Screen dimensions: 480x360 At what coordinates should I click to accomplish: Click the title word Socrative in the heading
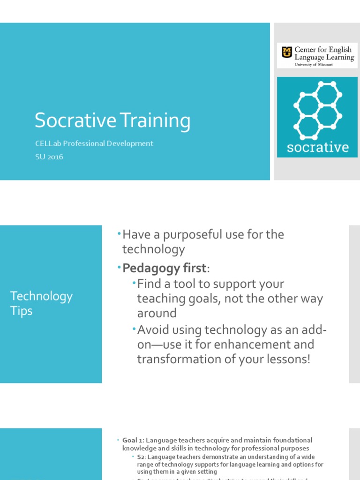tap(75, 121)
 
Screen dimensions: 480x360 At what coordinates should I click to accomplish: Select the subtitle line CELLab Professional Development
tap(94, 143)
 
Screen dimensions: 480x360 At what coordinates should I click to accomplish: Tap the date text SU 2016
tap(49, 157)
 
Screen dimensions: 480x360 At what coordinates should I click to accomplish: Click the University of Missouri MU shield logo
tap(286, 52)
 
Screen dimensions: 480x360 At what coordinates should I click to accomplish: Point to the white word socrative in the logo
tap(317, 148)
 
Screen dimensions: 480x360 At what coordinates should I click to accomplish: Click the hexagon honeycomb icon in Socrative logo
tap(317, 111)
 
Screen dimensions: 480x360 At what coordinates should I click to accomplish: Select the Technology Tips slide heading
tap(41, 303)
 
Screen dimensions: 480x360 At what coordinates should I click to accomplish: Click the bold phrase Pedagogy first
tap(164, 268)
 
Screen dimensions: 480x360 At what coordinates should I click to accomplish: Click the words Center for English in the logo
tap(324, 49)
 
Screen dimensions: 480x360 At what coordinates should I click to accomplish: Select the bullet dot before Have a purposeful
tap(119, 233)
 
